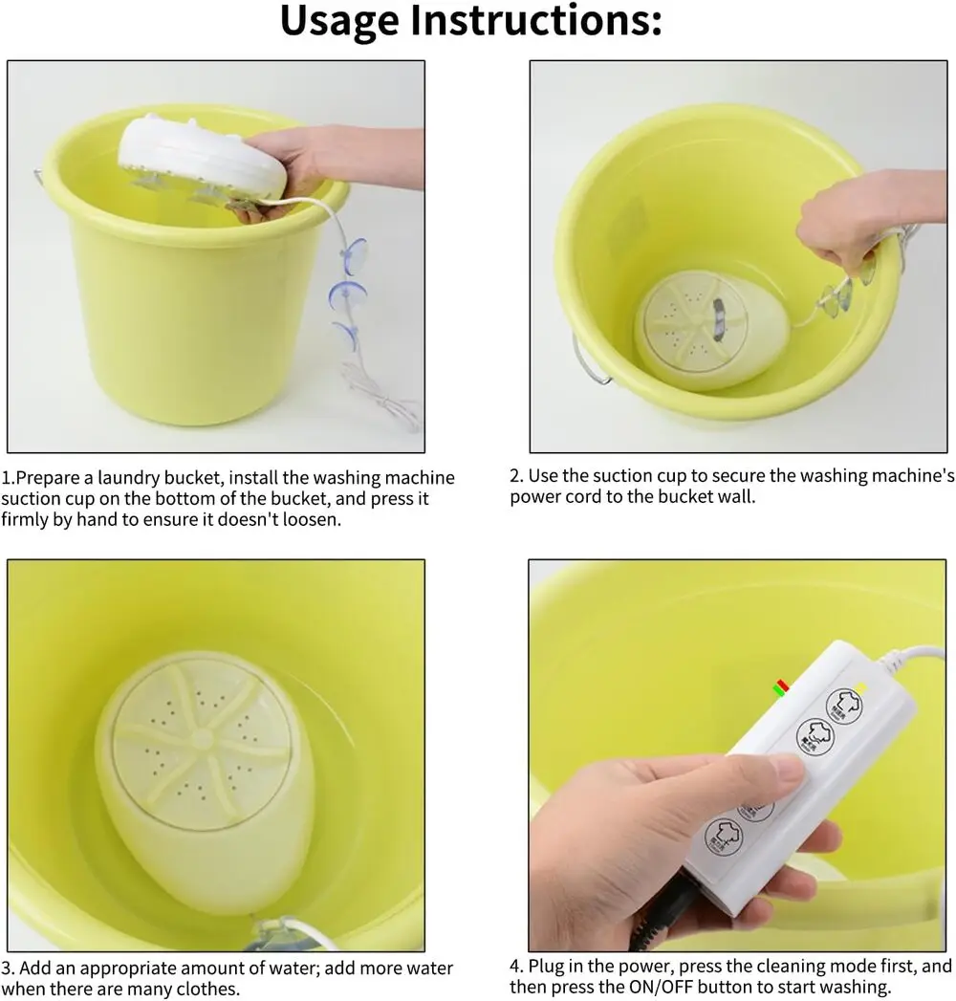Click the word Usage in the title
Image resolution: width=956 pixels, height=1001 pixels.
pyautogui.click(x=339, y=22)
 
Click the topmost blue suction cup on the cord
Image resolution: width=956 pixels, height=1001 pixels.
pyautogui.click(x=354, y=252)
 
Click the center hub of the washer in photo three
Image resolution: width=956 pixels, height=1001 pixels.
pyautogui.click(x=202, y=739)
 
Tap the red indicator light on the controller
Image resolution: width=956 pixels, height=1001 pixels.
pyautogui.click(x=782, y=685)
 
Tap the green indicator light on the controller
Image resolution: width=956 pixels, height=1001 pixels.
pyautogui.click(x=779, y=690)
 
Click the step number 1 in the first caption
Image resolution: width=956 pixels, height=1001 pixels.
pyautogui.click(x=6, y=478)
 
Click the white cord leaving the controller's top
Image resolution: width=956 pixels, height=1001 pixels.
pyautogui.click(x=913, y=659)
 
